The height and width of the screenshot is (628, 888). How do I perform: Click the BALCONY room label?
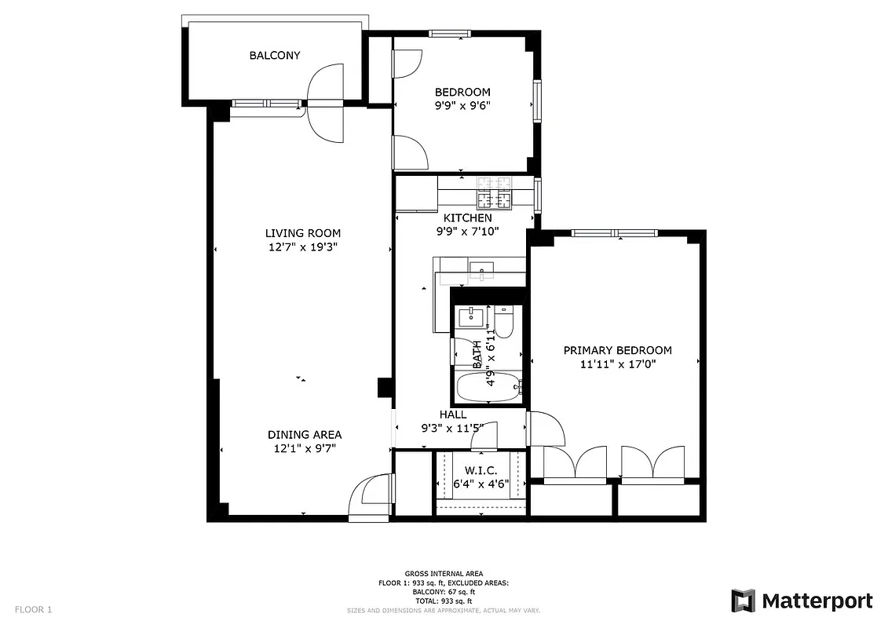(275, 55)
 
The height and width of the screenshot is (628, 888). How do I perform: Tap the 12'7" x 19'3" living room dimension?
(302, 247)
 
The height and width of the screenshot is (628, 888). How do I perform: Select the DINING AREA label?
(305, 434)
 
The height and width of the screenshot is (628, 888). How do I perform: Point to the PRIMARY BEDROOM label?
(616, 350)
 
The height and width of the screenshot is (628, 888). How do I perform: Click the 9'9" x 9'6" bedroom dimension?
(462, 106)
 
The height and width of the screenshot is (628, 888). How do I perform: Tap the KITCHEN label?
(468, 217)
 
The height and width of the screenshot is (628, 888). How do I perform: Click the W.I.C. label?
(481, 469)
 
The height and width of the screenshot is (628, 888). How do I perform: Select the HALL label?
(453, 414)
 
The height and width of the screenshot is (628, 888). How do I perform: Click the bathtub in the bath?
(488, 387)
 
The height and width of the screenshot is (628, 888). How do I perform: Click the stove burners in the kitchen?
(492, 192)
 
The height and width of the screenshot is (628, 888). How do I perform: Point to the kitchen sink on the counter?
(481, 272)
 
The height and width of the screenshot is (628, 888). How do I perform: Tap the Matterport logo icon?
(743, 601)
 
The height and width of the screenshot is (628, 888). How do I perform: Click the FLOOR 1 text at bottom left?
(33, 609)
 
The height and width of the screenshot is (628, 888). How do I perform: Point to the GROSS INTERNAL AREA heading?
(444, 574)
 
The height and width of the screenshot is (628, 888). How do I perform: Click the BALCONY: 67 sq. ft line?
(444, 591)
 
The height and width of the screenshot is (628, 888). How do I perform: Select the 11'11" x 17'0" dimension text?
(616, 364)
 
